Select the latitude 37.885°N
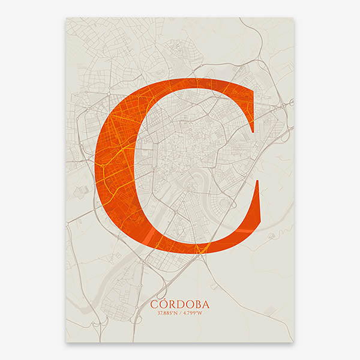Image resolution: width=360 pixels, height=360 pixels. [x=165, y=313]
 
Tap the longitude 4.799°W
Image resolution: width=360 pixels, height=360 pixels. [x=196, y=313]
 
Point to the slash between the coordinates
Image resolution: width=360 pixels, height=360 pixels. [x=181, y=313]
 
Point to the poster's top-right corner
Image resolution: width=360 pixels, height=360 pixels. [x=294, y=17]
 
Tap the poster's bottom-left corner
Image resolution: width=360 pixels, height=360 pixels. [x=66, y=342]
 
